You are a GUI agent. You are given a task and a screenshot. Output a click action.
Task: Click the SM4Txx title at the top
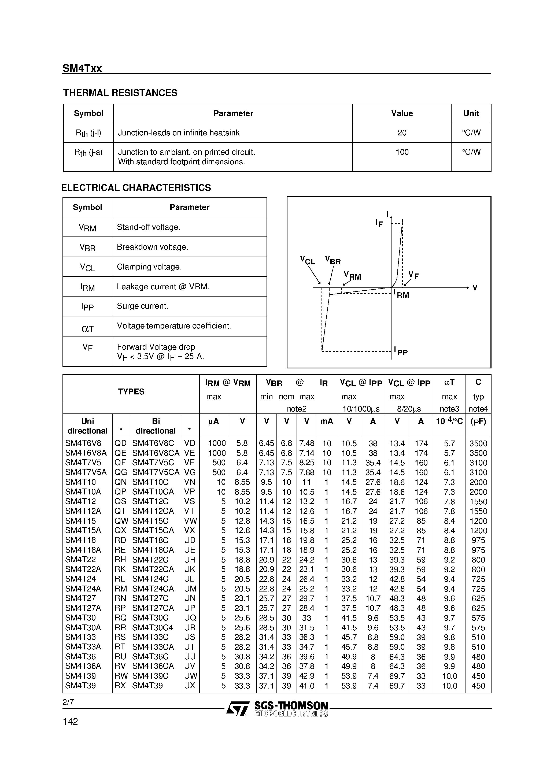pos(82,69)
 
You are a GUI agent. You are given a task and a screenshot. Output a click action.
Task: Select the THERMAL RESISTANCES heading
pos(120,93)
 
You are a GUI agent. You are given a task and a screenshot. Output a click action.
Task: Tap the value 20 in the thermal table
pos(402,133)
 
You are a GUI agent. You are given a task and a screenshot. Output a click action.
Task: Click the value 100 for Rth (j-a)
pos(402,152)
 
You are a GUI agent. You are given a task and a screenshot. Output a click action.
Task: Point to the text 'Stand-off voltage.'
pos(148,227)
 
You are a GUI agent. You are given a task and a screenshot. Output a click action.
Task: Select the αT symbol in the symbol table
pos(87,328)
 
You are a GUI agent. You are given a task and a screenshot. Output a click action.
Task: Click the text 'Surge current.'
pos(142,306)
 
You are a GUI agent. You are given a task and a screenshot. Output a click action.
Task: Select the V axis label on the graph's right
pos(475,288)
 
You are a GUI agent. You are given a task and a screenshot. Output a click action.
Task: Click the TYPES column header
pos(131,392)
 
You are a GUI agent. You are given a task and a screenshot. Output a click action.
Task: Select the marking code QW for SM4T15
pos(121,521)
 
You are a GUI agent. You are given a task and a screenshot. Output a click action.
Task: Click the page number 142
pos(70,722)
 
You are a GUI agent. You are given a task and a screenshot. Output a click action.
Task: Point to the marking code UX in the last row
pos(190,686)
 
